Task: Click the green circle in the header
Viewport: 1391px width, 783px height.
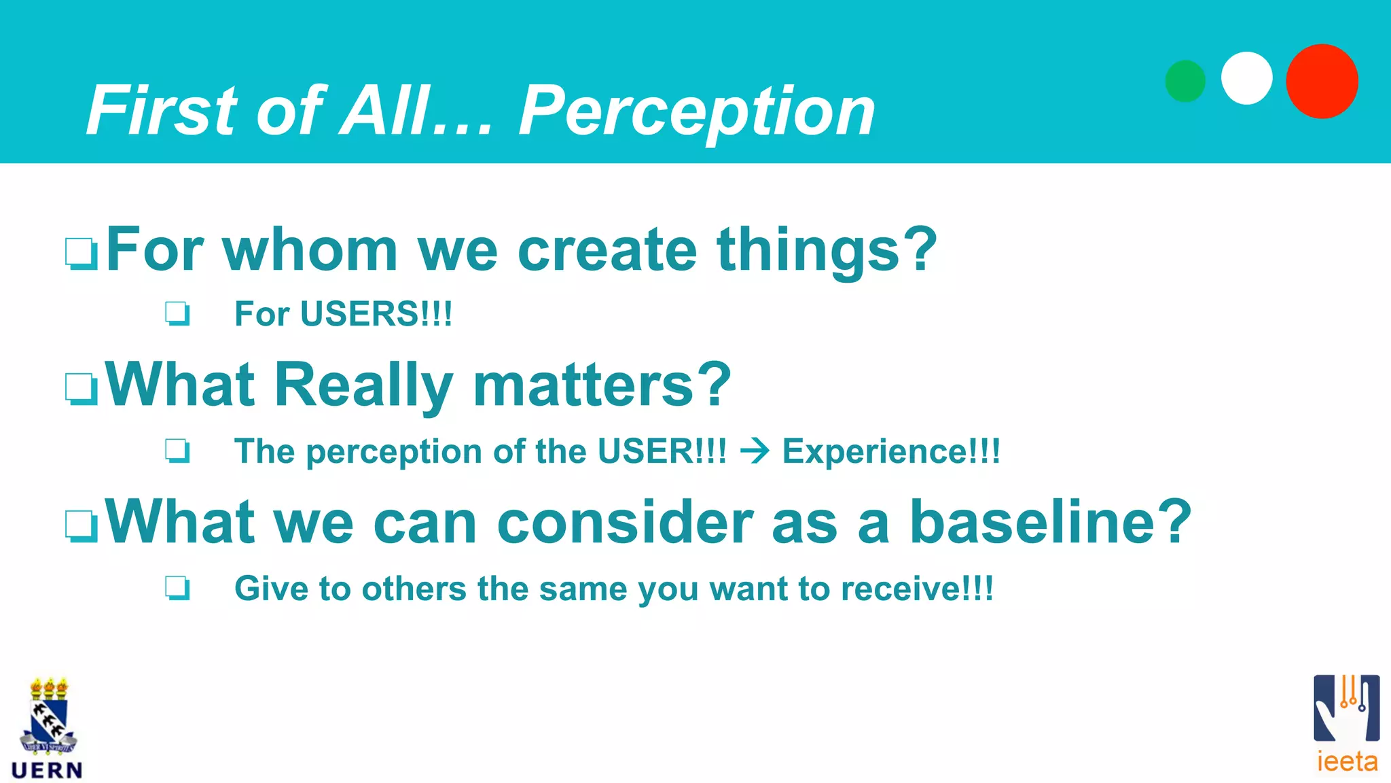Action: (1185, 82)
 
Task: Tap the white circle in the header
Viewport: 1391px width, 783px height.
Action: (1246, 78)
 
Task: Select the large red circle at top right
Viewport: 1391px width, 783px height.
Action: (1322, 82)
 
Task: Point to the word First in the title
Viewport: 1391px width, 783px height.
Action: (163, 110)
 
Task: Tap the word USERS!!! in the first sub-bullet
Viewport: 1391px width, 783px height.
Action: (376, 314)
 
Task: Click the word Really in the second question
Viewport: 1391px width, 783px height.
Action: (363, 385)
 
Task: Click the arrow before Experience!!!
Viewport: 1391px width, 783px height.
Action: (755, 451)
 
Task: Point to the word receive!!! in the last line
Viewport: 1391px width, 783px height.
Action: (917, 589)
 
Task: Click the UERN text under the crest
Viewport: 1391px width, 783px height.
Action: (47, 770)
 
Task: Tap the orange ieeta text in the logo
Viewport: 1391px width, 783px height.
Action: (1347, 761)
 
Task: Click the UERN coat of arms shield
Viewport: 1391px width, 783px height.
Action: (48, 720)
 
